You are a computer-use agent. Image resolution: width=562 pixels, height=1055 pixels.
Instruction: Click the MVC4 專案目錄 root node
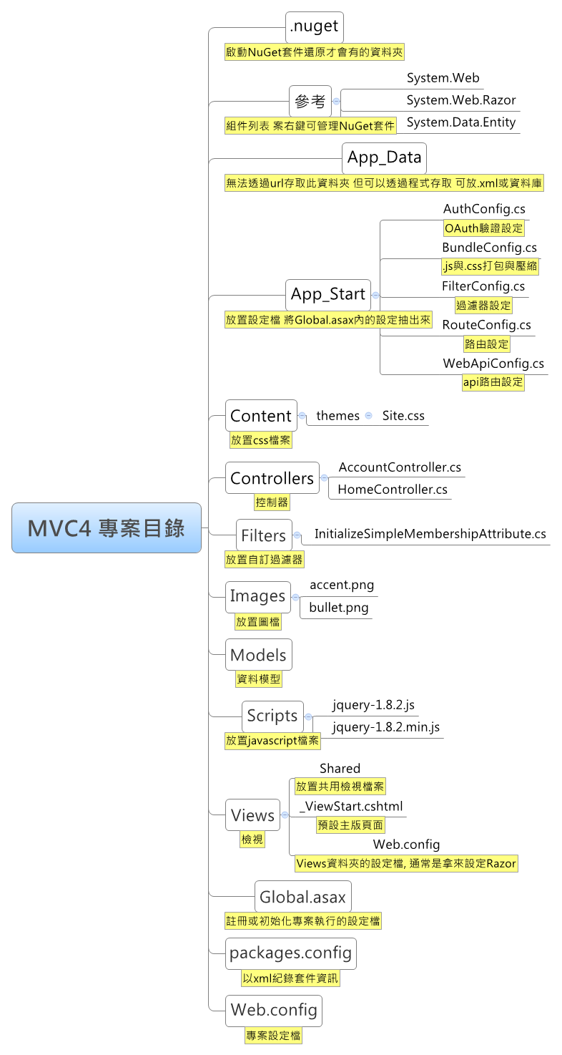click(x=107, y=528)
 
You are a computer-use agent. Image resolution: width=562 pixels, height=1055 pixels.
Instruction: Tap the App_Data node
click(x=385, y=158)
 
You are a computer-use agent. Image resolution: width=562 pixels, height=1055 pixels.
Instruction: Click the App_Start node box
click(x=328, y=294)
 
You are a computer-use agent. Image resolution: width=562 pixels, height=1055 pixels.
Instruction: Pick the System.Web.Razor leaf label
click(x=460, y=100)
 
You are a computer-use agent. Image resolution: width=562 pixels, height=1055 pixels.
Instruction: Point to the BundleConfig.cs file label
click(x=489, y=248)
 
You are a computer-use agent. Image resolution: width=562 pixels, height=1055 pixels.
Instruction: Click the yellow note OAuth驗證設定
click(x=484, y=228)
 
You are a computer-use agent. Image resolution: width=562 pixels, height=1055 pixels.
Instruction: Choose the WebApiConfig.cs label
click(x=493, y=364)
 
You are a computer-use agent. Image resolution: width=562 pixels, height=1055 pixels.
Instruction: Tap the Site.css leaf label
click(x=403, y=416)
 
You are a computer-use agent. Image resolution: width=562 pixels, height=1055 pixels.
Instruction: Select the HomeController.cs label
click(x=393, y=490)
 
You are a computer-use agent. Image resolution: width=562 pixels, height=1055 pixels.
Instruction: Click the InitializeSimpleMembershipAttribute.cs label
click(x=430, y=534)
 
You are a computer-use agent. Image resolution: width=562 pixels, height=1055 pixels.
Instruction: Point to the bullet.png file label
click(x=339, y=608)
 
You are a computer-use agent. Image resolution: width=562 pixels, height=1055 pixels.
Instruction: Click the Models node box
click(x=258, y=655)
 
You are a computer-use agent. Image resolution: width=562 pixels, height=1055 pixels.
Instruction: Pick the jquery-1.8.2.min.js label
click(x=386, y=727)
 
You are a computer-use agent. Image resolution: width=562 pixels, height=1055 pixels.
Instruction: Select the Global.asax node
click(x=302, y=897)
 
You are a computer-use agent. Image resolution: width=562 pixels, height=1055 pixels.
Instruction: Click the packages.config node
click(x=290, y=953)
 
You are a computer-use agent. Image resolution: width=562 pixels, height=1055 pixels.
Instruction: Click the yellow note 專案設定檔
click(x=273, y=1035)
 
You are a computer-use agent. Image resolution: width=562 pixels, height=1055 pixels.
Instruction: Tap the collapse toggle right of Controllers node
click(x=324, y=478)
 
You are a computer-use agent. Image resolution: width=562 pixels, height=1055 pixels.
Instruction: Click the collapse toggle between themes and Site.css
click(x=368, y=415)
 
